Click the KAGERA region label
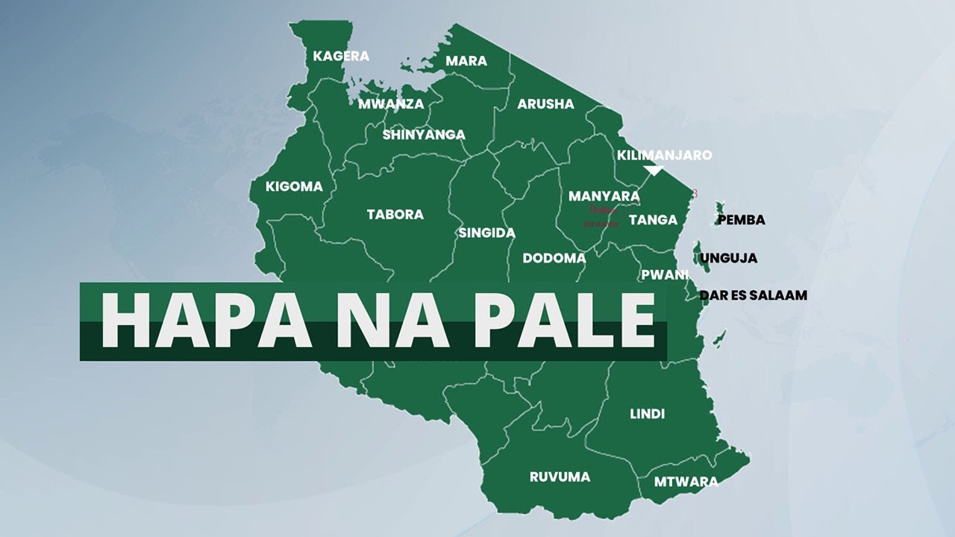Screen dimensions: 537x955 341,56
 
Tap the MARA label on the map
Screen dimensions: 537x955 466,61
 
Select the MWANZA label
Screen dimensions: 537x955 391,104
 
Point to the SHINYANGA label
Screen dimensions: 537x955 424,135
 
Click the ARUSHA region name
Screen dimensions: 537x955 545,104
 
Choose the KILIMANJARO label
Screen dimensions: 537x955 664,155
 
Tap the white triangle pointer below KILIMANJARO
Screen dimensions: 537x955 654,171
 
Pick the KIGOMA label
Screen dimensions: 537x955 294,186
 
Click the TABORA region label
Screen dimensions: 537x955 395,215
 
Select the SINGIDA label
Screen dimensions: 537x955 486,233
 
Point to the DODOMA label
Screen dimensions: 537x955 554,258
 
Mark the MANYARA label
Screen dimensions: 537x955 604,196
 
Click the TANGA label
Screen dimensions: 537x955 653,219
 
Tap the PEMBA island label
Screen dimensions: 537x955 741,220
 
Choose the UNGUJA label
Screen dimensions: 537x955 728,258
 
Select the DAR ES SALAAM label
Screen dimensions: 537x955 753,295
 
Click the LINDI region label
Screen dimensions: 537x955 647,414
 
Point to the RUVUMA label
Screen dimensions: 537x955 560,477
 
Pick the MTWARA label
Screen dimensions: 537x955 686,481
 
